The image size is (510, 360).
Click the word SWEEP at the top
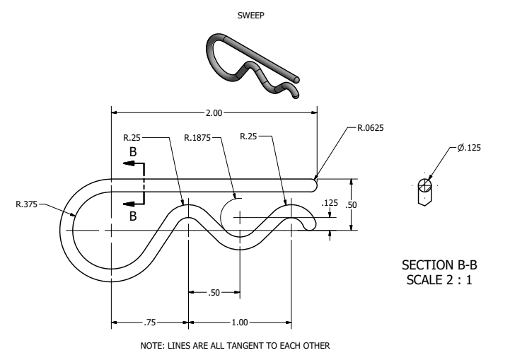[253, 13]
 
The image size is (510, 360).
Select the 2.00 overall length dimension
[213, 112]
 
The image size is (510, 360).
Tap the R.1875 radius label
[198, 137]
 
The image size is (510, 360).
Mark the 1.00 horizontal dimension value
[240, 323]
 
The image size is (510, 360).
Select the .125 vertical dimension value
[330, 203]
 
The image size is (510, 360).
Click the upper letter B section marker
[132, 151]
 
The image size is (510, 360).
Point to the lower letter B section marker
[132, 216]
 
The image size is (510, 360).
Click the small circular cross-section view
[424, 186]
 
